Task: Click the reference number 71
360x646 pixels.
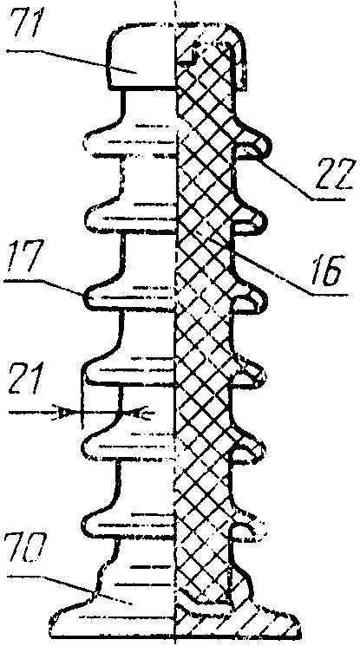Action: pyautogui.click(x=25, y=25)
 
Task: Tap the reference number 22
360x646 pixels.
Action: pyautogui.click(x=334, y=174)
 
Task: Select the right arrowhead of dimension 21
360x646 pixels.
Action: pyautogui.click(x=143, y=412)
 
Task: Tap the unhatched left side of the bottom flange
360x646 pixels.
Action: pyautogui.click(x=111, y=618)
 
